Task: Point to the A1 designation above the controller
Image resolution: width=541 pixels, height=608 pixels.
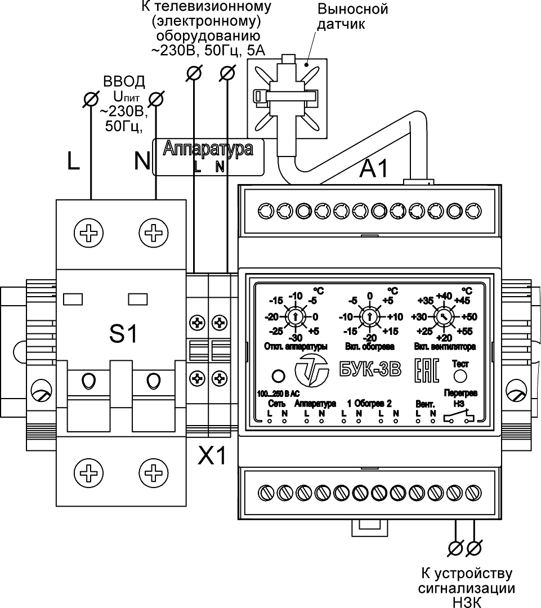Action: [374, 168]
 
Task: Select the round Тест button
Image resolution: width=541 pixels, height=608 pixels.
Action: [460, 376]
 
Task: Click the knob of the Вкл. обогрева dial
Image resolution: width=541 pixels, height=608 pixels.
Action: [369, 316]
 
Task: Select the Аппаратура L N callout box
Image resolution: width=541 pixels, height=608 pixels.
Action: [208, 158]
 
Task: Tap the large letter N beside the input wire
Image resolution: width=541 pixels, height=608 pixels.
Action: [142, 162]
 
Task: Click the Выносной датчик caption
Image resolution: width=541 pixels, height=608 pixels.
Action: [352, 17]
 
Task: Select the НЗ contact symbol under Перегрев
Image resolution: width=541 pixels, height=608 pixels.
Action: [459, 418]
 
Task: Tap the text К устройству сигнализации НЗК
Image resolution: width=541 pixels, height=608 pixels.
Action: [467, 588]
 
